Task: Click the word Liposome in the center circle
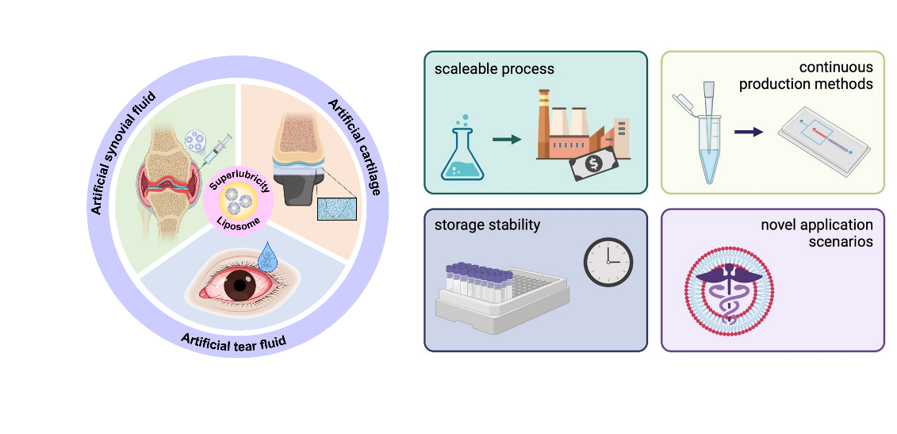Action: click(x=239, y=228)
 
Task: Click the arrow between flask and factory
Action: click(x=506, y=140)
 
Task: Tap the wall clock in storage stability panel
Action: click(x=608, y=262)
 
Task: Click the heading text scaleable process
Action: click(x=494, y=69)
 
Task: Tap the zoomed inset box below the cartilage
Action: click(x=337, y=208)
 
